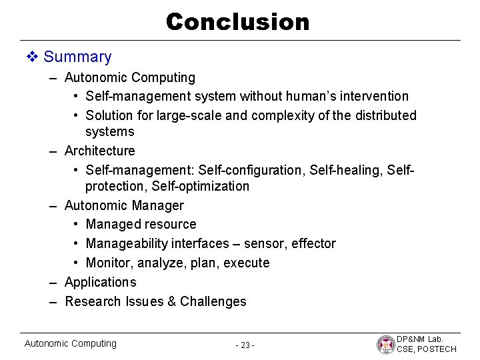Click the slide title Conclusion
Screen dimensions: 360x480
pos(238,22)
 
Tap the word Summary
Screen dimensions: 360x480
pos(77,57)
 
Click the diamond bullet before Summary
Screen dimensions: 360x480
pos(32,57)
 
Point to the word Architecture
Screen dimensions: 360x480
pos(99,151)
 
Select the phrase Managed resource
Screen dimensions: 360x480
pos(141,225)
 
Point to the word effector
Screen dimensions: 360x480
pos(313,244)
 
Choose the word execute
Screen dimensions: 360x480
pos(247,263)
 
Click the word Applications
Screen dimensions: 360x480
pos(100,282)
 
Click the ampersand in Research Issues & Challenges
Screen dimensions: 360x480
pos(171,301)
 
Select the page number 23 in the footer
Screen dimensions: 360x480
pos(245,345)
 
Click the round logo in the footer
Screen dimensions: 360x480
pos(385,344)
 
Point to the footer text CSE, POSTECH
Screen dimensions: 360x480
pos(427,349)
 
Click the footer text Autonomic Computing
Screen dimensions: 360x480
pos(70,343)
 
